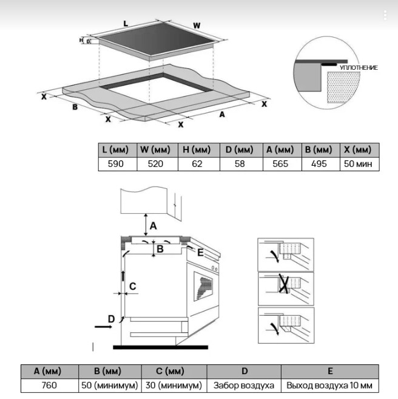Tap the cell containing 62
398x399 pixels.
click(x=197, y=164)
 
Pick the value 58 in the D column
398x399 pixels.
click(x=239, y=164)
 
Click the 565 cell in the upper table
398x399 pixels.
click(x=280, y=164)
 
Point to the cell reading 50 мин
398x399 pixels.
click(x=359, y=164)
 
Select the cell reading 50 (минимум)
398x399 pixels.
click(x=110, y=385)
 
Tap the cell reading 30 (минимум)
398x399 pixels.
click(x=174, y=385)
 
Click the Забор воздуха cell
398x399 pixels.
click(x=243, y=385)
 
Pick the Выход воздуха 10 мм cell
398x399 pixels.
click(x=329, y=385)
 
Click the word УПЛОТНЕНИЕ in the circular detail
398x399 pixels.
click(x=358, y=67)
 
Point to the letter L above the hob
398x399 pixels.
click(x=126, y=23)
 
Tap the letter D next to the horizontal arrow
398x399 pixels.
click(x=111, y=318)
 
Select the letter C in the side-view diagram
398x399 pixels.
click(x=133, y=286)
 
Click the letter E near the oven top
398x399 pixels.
click(x=200, y=251)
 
